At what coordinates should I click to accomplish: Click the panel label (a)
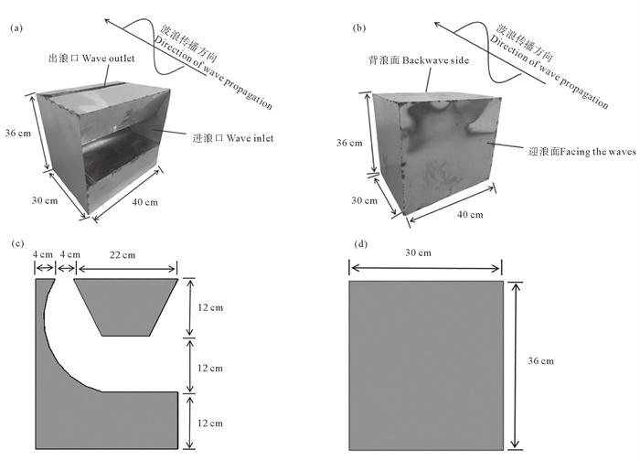point(16,28)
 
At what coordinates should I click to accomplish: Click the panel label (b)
point(358,28)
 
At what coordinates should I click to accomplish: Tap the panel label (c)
point(17,244)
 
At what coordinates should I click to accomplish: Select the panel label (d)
point(361,244)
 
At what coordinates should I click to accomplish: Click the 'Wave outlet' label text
point(108,59)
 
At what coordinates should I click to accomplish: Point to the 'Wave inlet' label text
point(250,138)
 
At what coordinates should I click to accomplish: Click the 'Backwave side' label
point(435,60)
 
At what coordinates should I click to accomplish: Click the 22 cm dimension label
point(122,255)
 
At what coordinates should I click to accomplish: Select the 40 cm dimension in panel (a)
point(144,202)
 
